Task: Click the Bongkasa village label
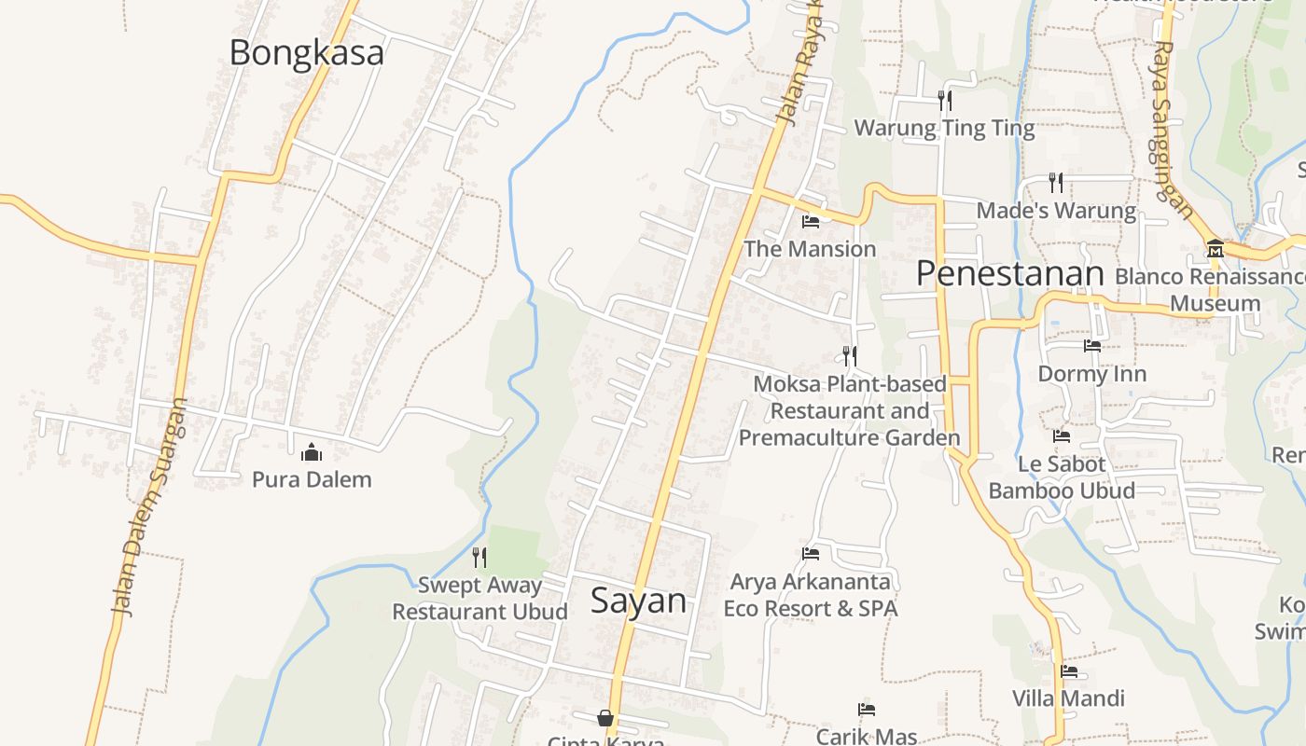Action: click(306, 52)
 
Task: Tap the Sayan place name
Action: click(639, 601)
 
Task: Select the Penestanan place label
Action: click(1009, 273)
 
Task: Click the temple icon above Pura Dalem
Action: click(312, 453)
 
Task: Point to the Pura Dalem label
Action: click(312, 479)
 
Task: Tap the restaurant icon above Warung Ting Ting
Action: click(945, 100)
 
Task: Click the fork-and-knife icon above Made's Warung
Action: click(1056, 182)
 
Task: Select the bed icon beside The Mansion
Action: click(811, 222)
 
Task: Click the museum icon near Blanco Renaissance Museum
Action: click(1215, 249)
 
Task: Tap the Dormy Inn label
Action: click(1092, 374)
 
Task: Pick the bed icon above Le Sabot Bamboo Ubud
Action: click(1062, 435)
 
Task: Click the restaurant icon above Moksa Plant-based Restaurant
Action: click(849, 355)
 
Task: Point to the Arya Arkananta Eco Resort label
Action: click(811, 595)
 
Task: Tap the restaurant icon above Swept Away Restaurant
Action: click(479, 558)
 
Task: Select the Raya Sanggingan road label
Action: click(1172, 117)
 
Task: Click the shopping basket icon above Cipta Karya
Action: click(605, 718)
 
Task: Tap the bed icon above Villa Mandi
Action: click(1069, 670)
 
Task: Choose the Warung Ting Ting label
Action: click(944, 128)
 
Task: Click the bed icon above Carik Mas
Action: click(867, 710)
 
